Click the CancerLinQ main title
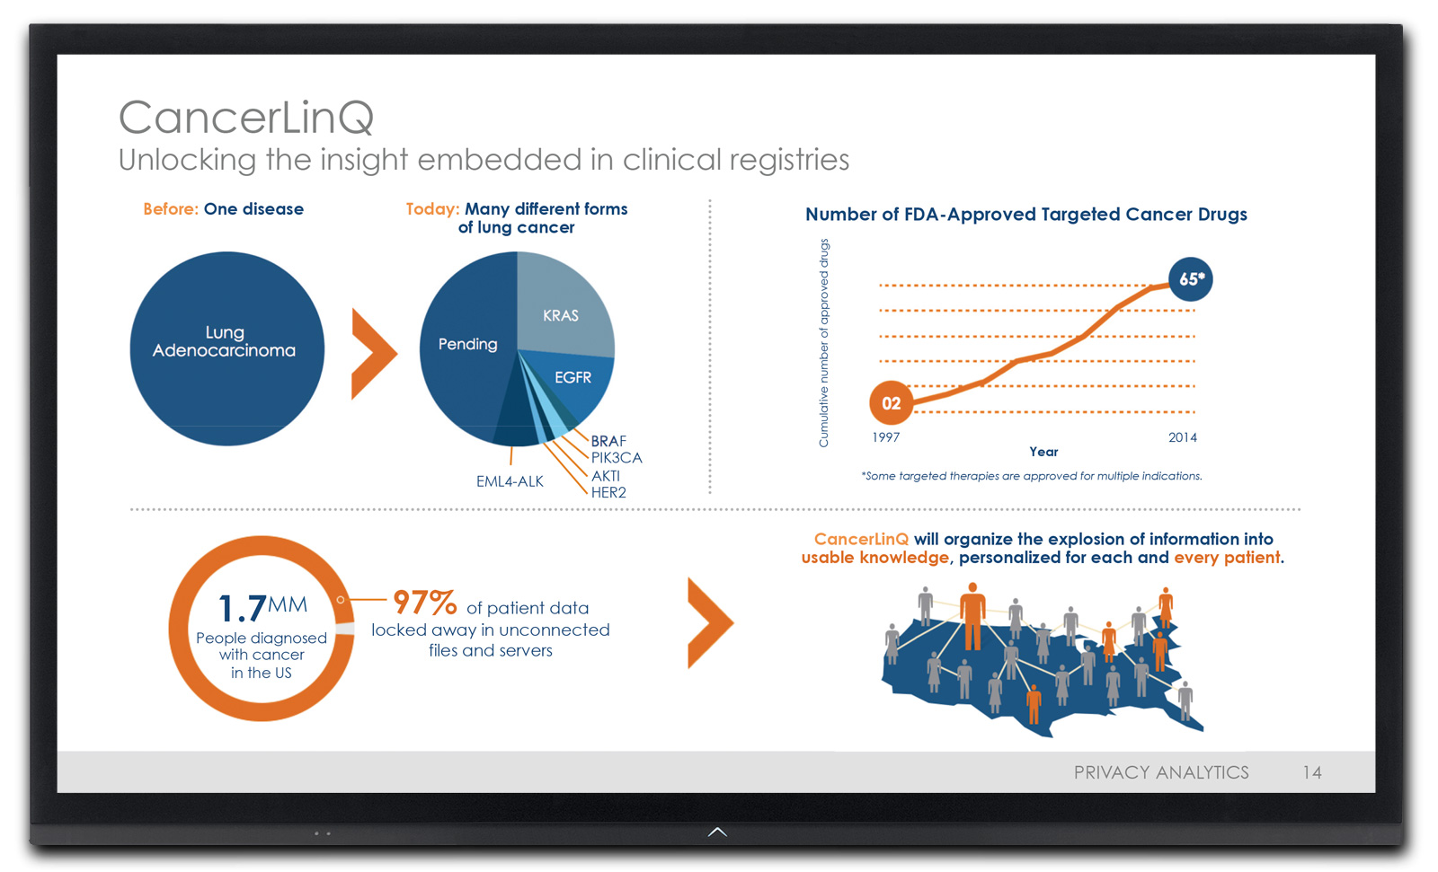[245, 118]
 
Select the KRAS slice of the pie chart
[561, 310]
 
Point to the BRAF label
[608, 441]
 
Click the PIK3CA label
[617, 458]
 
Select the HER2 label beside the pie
[608, 492]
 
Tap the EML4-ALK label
[510, 481]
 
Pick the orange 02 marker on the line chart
[891, 403]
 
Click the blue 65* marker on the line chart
[1191, 279]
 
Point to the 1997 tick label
[885, 437]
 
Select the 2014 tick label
[1182, 437]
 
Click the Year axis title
[1043, 452]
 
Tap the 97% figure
[425, 602]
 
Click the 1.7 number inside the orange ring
[243, 609]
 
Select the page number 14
[1312, 772]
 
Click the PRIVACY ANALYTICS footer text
[1161, 772]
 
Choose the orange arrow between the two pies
[372, 353]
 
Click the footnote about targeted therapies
[1032, 476]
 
